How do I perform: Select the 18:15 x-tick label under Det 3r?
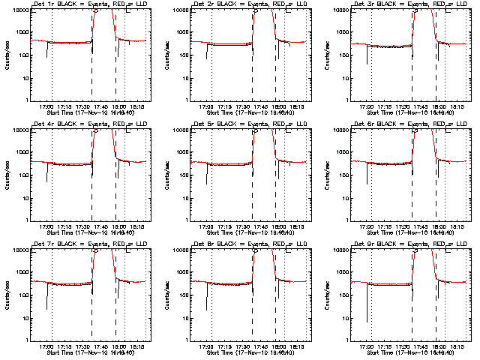coord(458,106)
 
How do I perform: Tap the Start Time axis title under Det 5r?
coord(250,232)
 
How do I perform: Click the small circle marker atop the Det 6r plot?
coord(417,130)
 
